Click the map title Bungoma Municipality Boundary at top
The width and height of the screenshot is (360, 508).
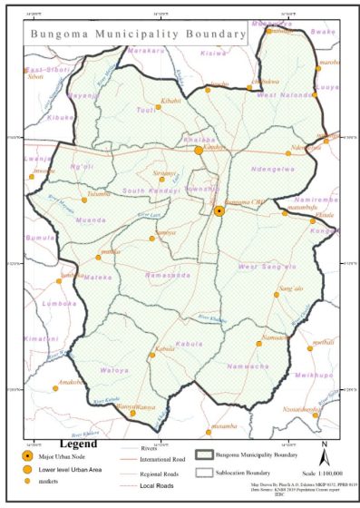(x=139, y=33)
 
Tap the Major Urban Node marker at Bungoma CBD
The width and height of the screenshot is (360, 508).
(x=219, y=210)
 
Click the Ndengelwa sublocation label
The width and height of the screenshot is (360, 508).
(x=273, y=169)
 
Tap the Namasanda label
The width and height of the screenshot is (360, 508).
(x=166, y=272)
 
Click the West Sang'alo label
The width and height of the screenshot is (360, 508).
(x=268, y=267)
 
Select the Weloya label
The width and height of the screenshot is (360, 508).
(x=114, y=370)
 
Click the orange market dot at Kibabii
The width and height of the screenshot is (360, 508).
(x=158, y=106)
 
